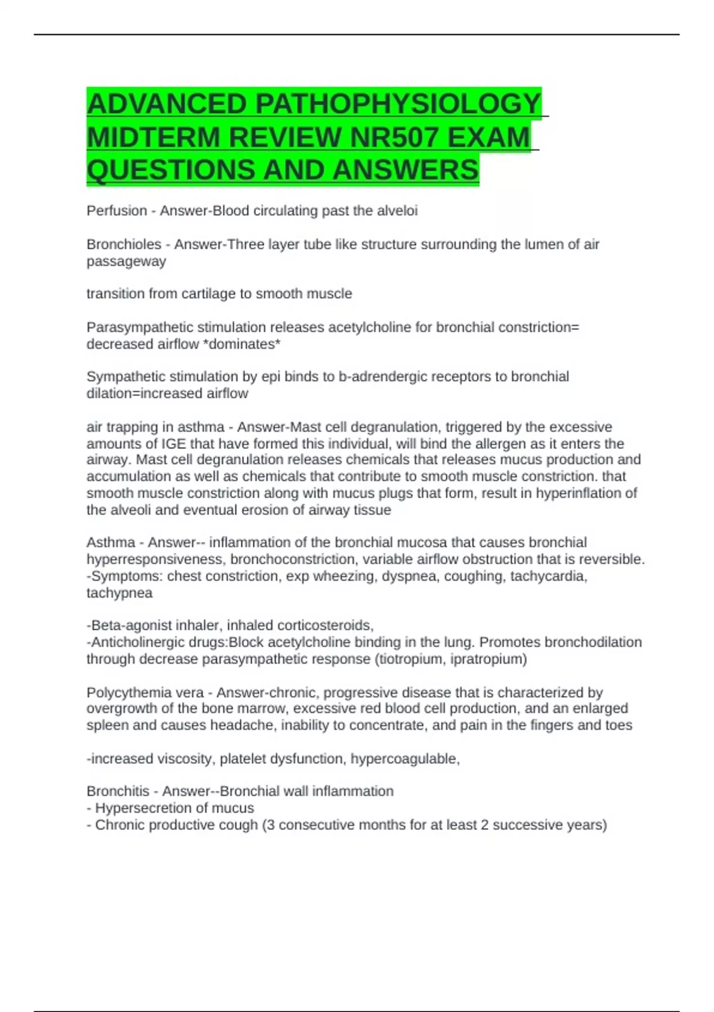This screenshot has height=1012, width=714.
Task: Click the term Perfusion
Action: [x=117, y=211]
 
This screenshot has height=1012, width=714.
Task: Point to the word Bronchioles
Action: [x=124, y=245]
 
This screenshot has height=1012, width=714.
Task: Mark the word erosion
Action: [x=284, y=510]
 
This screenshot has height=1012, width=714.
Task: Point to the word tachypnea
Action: [x=120, y=593]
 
